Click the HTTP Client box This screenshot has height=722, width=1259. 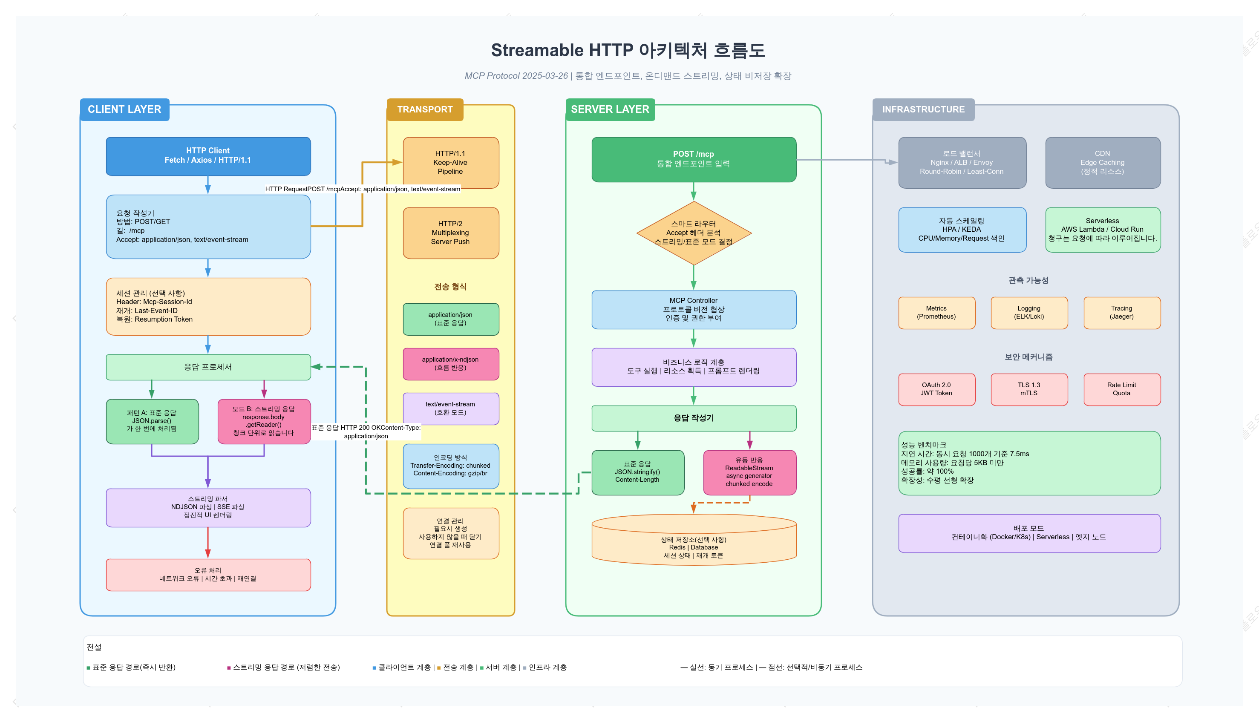[208, 156]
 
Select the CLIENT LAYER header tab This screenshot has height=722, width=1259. [124, 109]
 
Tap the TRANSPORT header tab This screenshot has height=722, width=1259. [425, 109]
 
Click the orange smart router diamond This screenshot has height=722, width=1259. [694, 233]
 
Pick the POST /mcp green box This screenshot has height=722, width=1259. [694, 159]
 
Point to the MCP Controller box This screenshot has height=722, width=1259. [694, 309]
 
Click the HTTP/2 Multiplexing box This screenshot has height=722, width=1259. [451, 233]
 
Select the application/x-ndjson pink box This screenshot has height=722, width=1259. [451, 364]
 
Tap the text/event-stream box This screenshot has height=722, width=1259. [451, 408]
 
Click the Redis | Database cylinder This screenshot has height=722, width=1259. [694, 540]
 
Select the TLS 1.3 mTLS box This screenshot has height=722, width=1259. [1029, 389]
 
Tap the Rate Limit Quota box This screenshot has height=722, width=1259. [1122, 389]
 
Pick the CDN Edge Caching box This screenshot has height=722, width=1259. [1103, 163]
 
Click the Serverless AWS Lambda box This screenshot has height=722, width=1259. [1103, 230]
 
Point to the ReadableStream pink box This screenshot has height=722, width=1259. [750, 472]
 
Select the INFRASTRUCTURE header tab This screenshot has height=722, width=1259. [923, 109]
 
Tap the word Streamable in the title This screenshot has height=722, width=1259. [537, 50]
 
